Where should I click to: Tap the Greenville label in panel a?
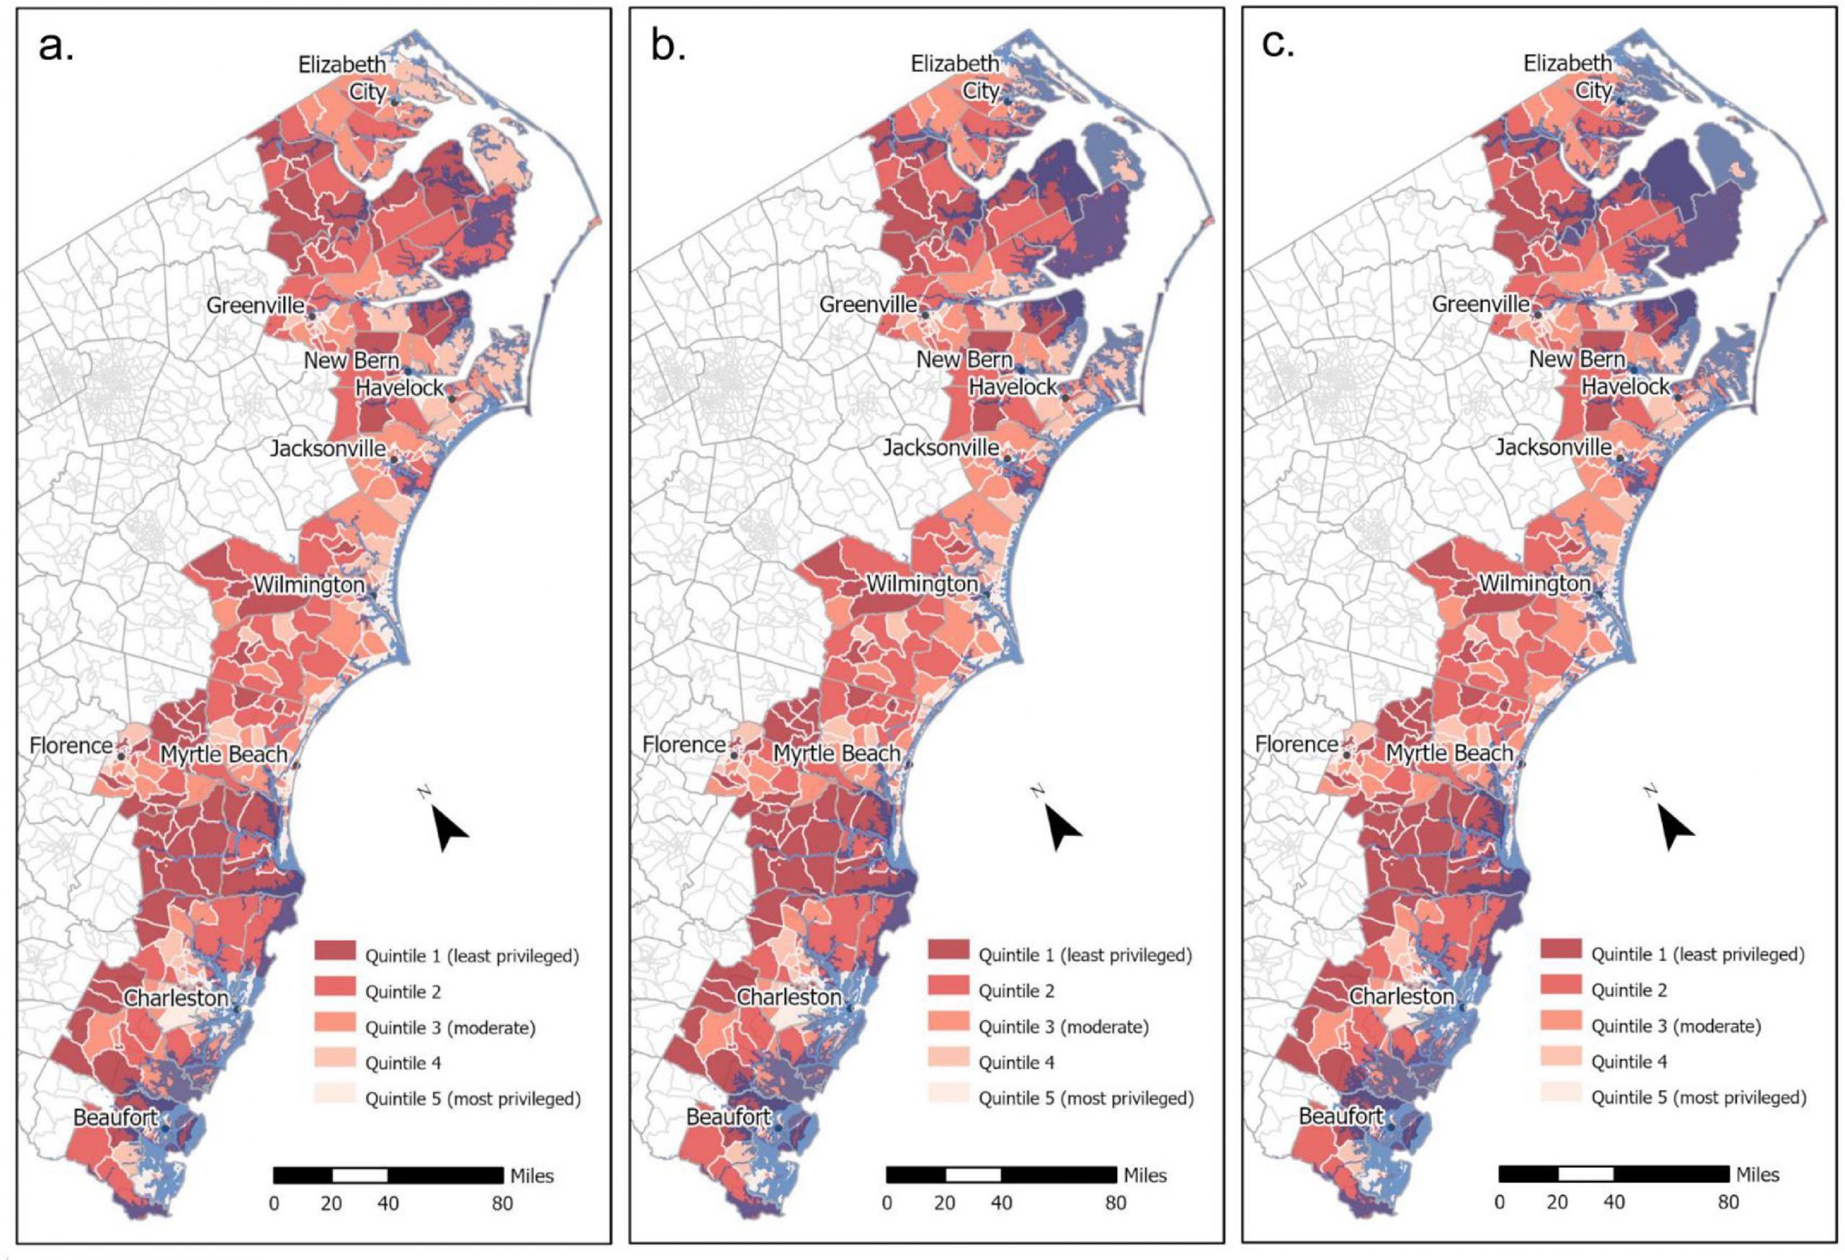(x=255, y=306)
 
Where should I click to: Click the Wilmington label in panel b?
(x=922, y=585)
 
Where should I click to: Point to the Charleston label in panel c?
(x=1402, y=995)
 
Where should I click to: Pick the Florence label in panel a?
(x=71, y=745)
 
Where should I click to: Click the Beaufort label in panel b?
(x=728, y=1117)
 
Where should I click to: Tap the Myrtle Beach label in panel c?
(x=1449, y=753)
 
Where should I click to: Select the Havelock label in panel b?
(x=1013, y=388)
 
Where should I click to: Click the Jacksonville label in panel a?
(x=328, y=448)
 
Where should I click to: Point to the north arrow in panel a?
(x=449, y=827)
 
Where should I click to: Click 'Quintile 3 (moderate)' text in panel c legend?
(x=1676, y=1026)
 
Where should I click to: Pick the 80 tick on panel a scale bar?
(x=502, y=1204)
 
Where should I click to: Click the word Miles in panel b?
(x=1144, y=1175)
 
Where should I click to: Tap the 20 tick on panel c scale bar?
(x=1557, y=1202)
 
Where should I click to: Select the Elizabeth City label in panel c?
(x=1566, y=76)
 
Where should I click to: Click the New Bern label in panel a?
(x=351, y=360)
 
